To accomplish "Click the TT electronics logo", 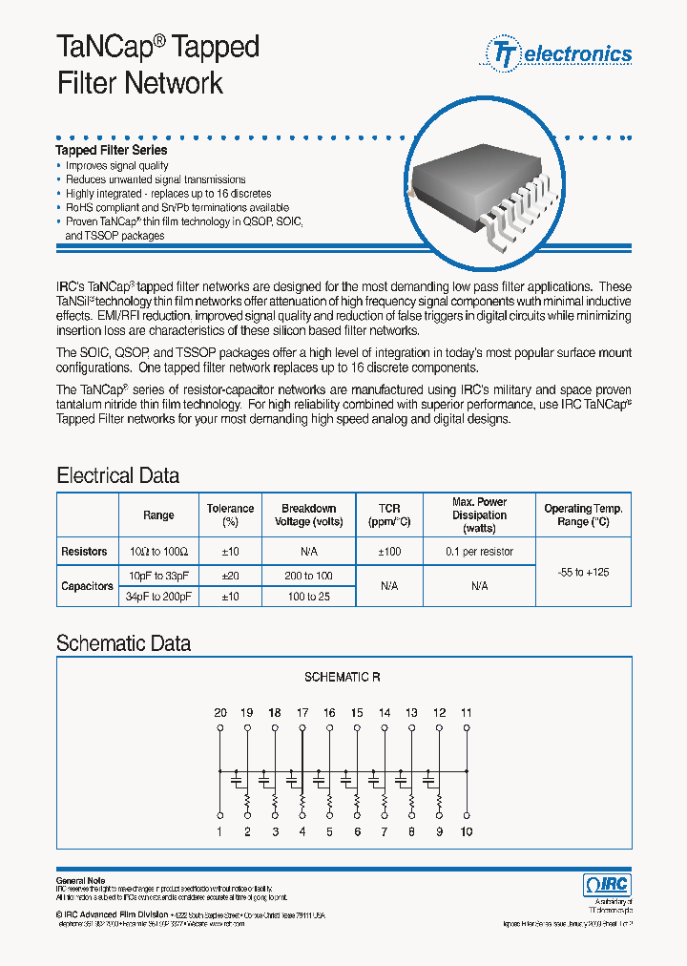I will (559, 53).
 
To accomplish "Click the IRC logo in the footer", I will (607, 885).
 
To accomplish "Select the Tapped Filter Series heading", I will (112, 150).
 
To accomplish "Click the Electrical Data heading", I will (117, 475).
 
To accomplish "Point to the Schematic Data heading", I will (123, 643).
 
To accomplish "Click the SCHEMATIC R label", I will (343, 677).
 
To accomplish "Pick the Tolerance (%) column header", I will (230, 515).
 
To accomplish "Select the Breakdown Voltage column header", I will (308, 515).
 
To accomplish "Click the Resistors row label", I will (85, 552).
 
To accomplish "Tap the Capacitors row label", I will (87, 586).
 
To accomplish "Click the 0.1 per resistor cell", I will (479, 552).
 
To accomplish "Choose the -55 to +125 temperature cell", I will (582, 572).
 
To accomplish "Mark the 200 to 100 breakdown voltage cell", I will (309, 577).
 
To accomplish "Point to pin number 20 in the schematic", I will (219, 713).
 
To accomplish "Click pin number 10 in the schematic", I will (468, 831).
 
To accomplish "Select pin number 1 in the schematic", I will (219, 831).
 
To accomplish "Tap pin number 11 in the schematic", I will (467, 713).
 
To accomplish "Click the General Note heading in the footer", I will (80, 880).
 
